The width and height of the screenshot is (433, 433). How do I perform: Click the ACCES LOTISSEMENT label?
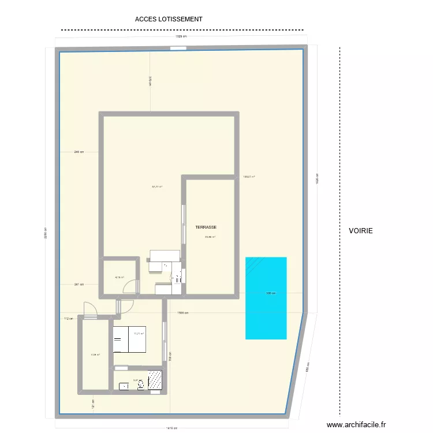pyautogui.click(x=169, y=19)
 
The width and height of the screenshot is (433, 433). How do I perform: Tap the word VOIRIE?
pyautogui.click(x=361, y=230)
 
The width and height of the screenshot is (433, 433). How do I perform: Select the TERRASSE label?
pyautogui.click(x=206, y=228)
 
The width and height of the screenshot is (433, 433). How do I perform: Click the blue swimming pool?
pyautogui.click(x=266, y=297)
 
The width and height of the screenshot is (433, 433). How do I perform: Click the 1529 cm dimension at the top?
pyautogui.click(x=181, y=36)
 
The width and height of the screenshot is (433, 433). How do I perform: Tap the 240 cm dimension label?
pyautogui.click(x=79, y=152)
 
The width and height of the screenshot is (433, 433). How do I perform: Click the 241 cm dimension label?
pyautogui.click(x=79, y=285)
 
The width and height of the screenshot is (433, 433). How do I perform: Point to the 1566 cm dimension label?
pyautogui.click(x=183, y=313)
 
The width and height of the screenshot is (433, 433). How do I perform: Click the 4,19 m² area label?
pyautogui.click(x=120, y=277)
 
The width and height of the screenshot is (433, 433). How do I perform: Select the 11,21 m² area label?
pyautogui.click(x=139, y=333)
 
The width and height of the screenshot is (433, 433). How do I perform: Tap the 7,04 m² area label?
pyautogui.click(x=95, y=355)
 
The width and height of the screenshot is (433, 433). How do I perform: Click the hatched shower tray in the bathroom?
pyautogui.click(x=155, y=379)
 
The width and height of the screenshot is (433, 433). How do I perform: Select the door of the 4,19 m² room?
pyautogui.click(x=133, y=287)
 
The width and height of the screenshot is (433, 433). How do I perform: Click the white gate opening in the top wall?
pyautogui.click(x=178, y=48)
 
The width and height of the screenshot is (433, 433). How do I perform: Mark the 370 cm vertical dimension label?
pyautogui.click(x=150, y=81)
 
